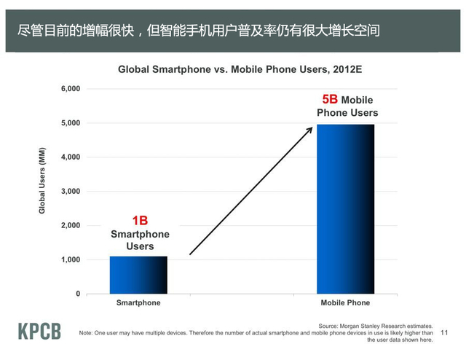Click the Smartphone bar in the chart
(x=138, y=275)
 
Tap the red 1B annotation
(x=140, y=220)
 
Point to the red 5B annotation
(x=330, y=99)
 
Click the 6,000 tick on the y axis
(x=69, y=89)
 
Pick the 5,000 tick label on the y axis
(x=69, y=123)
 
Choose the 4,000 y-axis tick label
(x=69, y=157)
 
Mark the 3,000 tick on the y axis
(x=69, y=192)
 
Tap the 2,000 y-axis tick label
(x=69, y=226)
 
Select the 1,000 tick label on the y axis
(x=69, y=260)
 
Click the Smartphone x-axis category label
(x=138, y=302)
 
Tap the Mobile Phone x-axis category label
(x=345, y=302)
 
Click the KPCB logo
(x=39, y=330)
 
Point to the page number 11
(x=446, y=332)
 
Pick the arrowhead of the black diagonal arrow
(x=310, y=128)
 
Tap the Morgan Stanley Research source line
(x=376, y=326)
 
